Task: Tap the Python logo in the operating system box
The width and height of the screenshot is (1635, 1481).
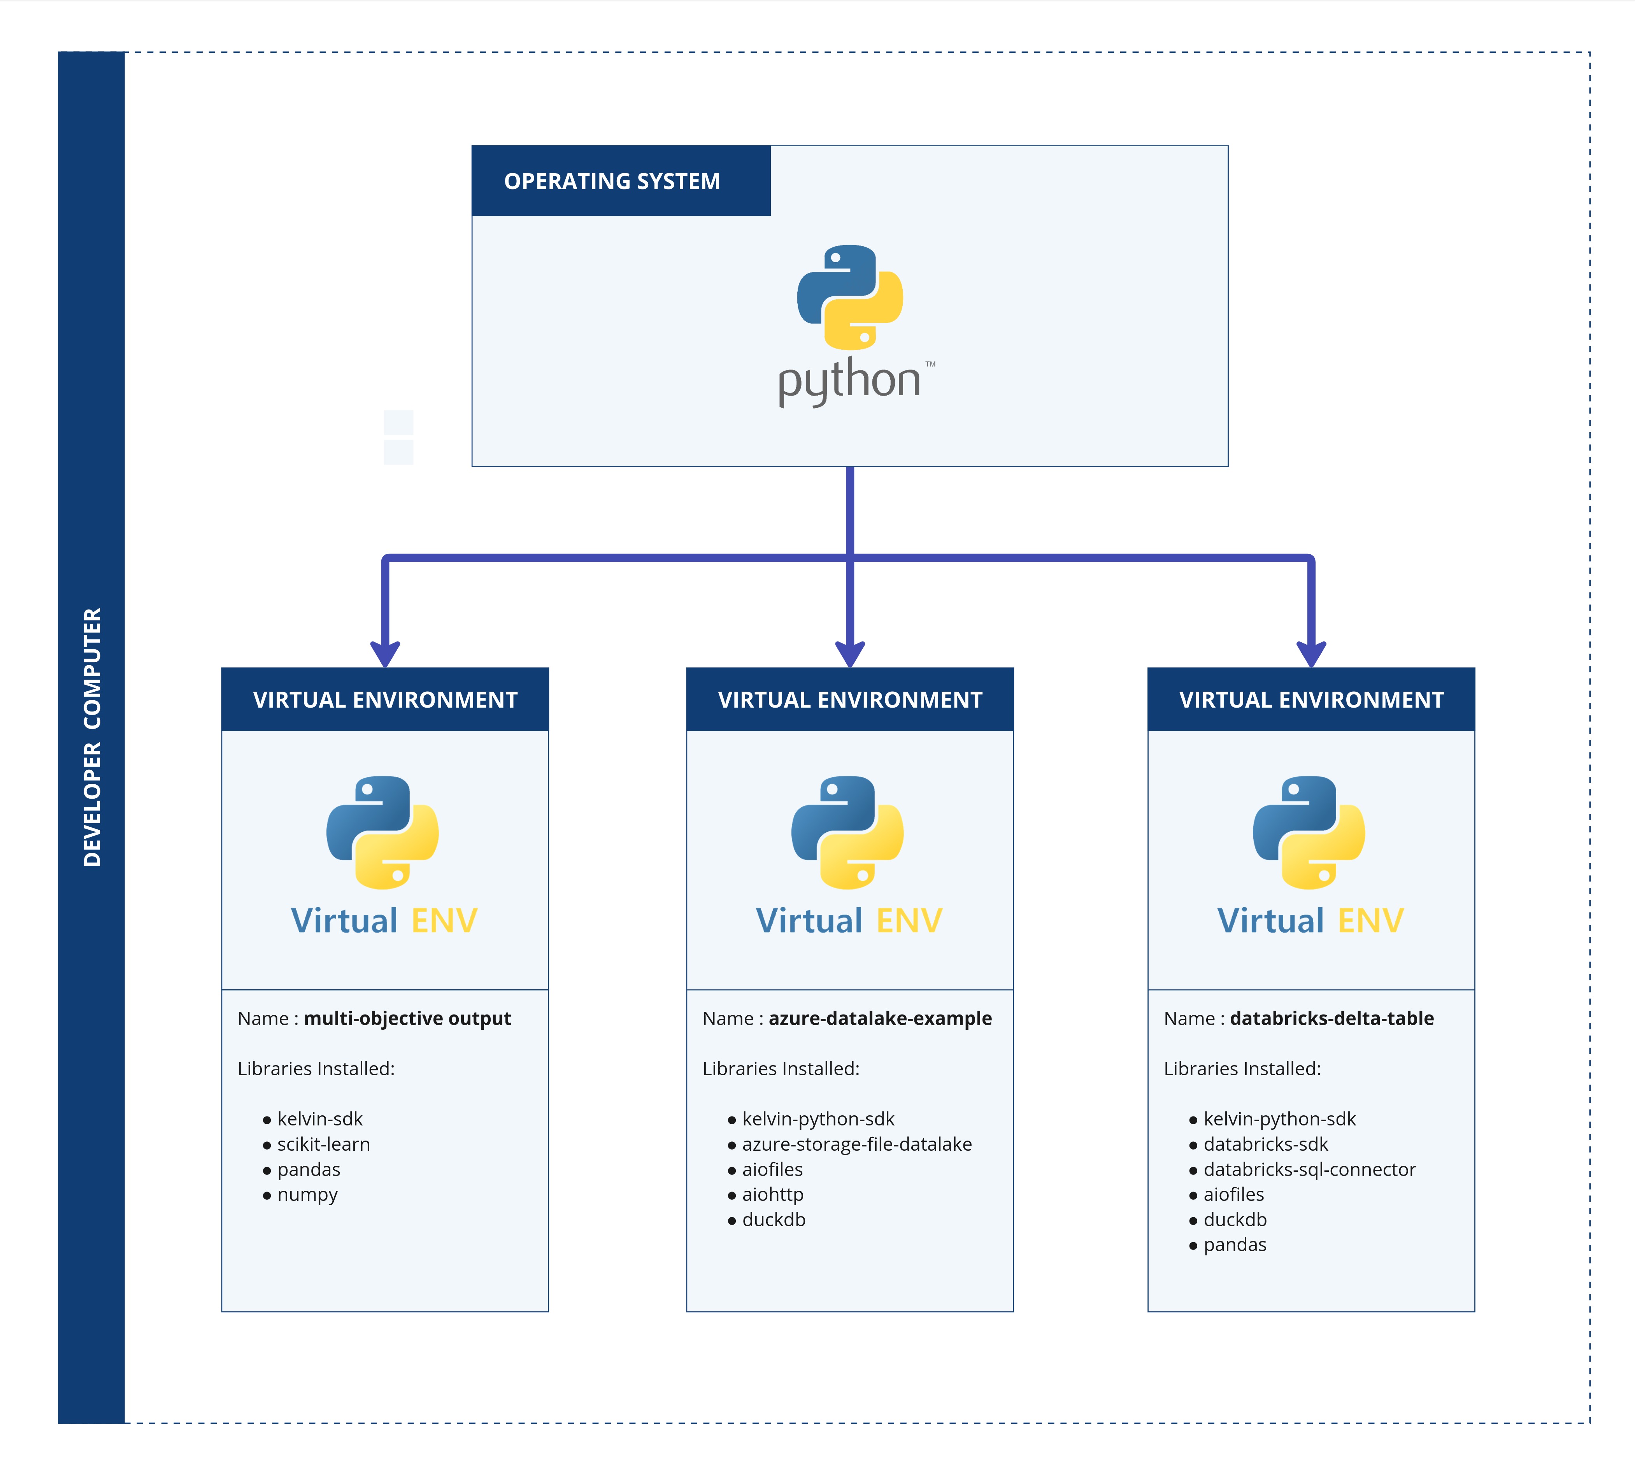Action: (849, 297)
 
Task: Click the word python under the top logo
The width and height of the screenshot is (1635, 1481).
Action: (849, 381)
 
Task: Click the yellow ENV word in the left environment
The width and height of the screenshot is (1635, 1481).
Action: (444, 920)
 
